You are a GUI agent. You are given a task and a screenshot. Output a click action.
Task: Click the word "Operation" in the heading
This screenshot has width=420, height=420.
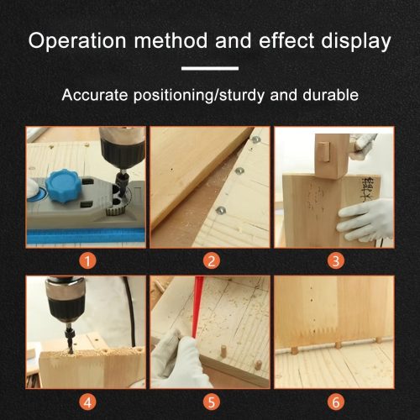point(77,41)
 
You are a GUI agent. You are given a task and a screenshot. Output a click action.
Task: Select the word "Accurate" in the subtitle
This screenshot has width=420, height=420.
point(95,95)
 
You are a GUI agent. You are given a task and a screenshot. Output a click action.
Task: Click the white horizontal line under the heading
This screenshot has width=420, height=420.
point(210,68)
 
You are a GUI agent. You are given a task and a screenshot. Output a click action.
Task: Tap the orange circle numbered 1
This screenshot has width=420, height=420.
point(87,261)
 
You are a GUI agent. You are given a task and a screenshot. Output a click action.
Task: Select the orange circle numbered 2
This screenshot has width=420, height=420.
point(212,261)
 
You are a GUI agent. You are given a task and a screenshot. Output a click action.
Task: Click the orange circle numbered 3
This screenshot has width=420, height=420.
point(335,261)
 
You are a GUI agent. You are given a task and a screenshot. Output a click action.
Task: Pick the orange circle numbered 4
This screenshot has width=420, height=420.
point(87,402)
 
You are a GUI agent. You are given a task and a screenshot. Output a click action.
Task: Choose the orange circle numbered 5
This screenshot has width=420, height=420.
point(212,402)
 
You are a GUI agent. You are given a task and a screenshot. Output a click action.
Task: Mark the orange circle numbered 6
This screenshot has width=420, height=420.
point(335,402)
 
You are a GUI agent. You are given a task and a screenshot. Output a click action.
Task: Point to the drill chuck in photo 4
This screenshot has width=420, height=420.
point(66,300)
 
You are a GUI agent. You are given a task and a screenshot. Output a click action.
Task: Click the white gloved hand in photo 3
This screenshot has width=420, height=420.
point(364,221)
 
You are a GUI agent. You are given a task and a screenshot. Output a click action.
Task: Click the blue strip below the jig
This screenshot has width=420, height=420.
point(86,236)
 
